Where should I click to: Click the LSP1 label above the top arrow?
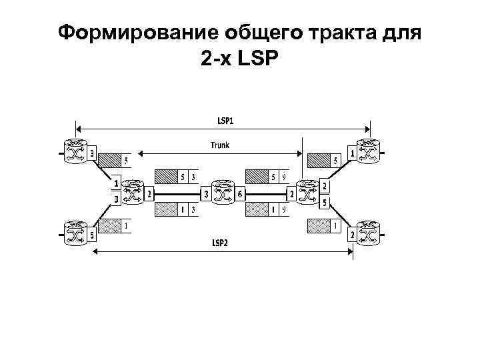tap(225, 121)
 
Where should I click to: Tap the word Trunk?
tap(220, 144)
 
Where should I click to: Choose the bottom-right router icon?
tap(368, 234)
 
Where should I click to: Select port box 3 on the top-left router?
tap(91, 154)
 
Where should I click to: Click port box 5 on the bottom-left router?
tap(91, 235)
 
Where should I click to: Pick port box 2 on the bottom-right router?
tap(351, 235)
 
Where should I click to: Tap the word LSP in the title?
tap(261, 59)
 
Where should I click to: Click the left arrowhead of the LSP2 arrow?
tap(96, 251)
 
